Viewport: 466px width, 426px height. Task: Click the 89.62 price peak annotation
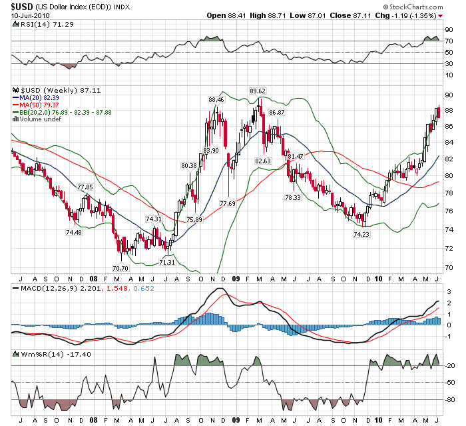[x=257, y=91]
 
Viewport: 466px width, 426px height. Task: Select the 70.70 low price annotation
[x=120, y=267]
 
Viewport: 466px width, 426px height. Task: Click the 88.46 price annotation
[x=216, y=99]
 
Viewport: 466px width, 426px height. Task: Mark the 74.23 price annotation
[x=361, y=234]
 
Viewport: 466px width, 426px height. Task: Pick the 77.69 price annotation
[x=228, y=203]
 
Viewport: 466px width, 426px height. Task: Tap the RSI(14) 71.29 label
[x=36, y=24]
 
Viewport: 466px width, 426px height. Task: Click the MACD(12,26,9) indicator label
[x=41, y=288]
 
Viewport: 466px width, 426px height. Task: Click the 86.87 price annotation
[x=276, y=113]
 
